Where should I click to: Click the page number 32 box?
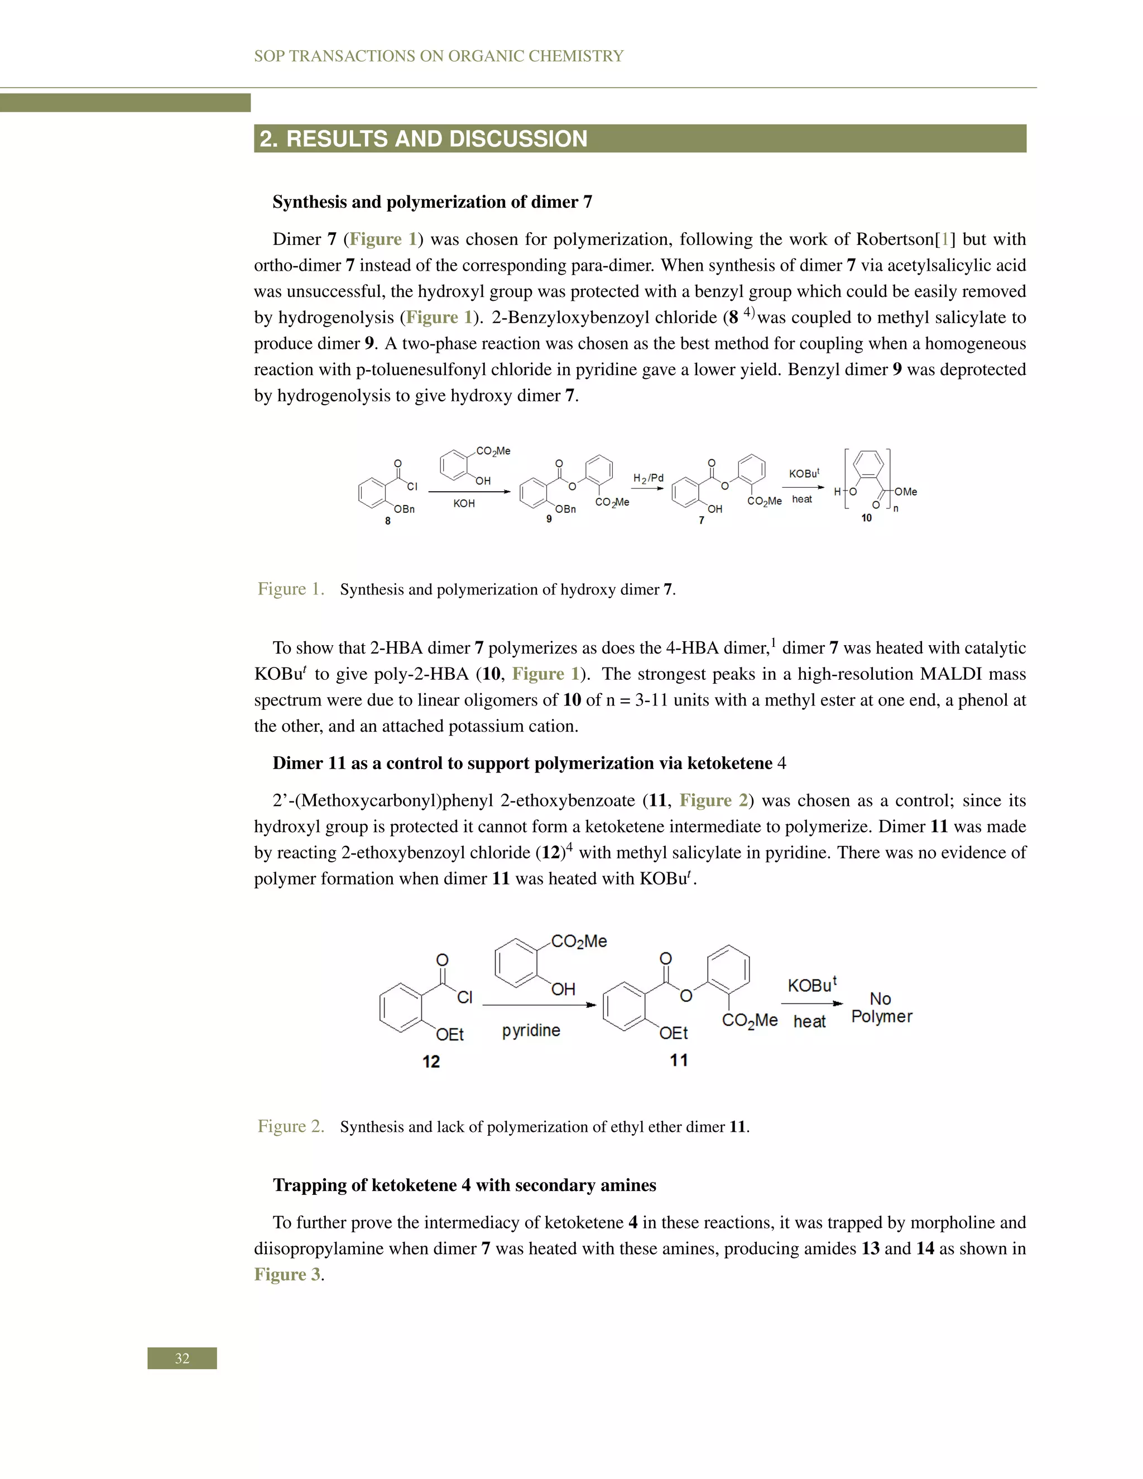182,1358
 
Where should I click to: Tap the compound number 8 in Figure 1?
387,521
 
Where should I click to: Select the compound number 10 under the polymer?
866,518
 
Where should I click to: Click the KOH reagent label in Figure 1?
464,504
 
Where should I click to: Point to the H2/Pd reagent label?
648,478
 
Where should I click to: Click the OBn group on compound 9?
566,509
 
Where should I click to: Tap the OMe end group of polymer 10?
905,492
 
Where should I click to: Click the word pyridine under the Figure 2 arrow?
531,1030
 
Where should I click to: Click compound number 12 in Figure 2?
431,1061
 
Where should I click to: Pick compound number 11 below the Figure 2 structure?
679,1060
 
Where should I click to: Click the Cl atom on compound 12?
464,997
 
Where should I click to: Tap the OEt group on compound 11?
674,1033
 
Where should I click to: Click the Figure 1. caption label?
290,589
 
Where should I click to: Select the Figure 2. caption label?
290,1126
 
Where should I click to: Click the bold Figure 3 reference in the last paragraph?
287,1275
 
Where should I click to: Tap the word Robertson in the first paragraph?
895,239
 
